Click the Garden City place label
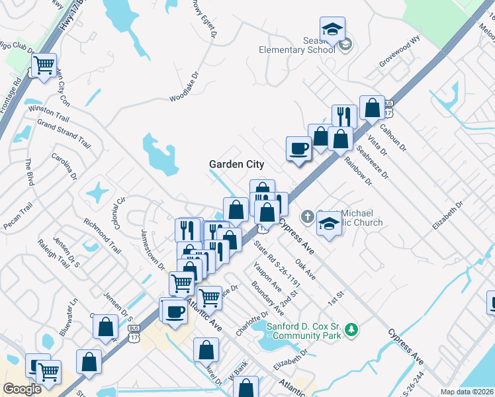[x=236, y=164]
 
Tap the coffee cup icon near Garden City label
[x=298, y=148]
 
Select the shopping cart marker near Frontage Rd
[x=44, y=66]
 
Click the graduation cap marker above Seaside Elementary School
[x=332, y=29]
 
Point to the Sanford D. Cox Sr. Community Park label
[x=304, y=330]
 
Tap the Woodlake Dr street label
[x=184, y=87]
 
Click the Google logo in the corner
[x=22, y=389]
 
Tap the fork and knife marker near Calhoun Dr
[x=343, y=116]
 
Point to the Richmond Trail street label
[x=102, y=237]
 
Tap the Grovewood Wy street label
[x=400, y=52]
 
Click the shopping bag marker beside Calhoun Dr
[x=373, y=108]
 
